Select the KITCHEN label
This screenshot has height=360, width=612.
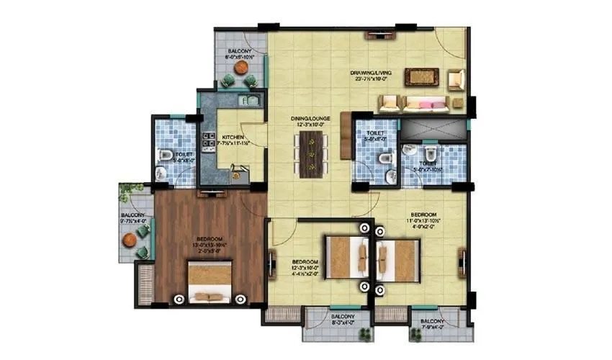point(232,137)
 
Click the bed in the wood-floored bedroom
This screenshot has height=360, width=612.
point(210,282)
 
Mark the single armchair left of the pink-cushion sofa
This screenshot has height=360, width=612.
point(390,104)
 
